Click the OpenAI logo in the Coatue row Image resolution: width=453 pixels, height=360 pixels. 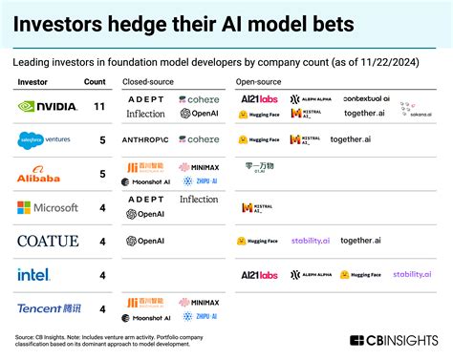(x=145, y=241)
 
